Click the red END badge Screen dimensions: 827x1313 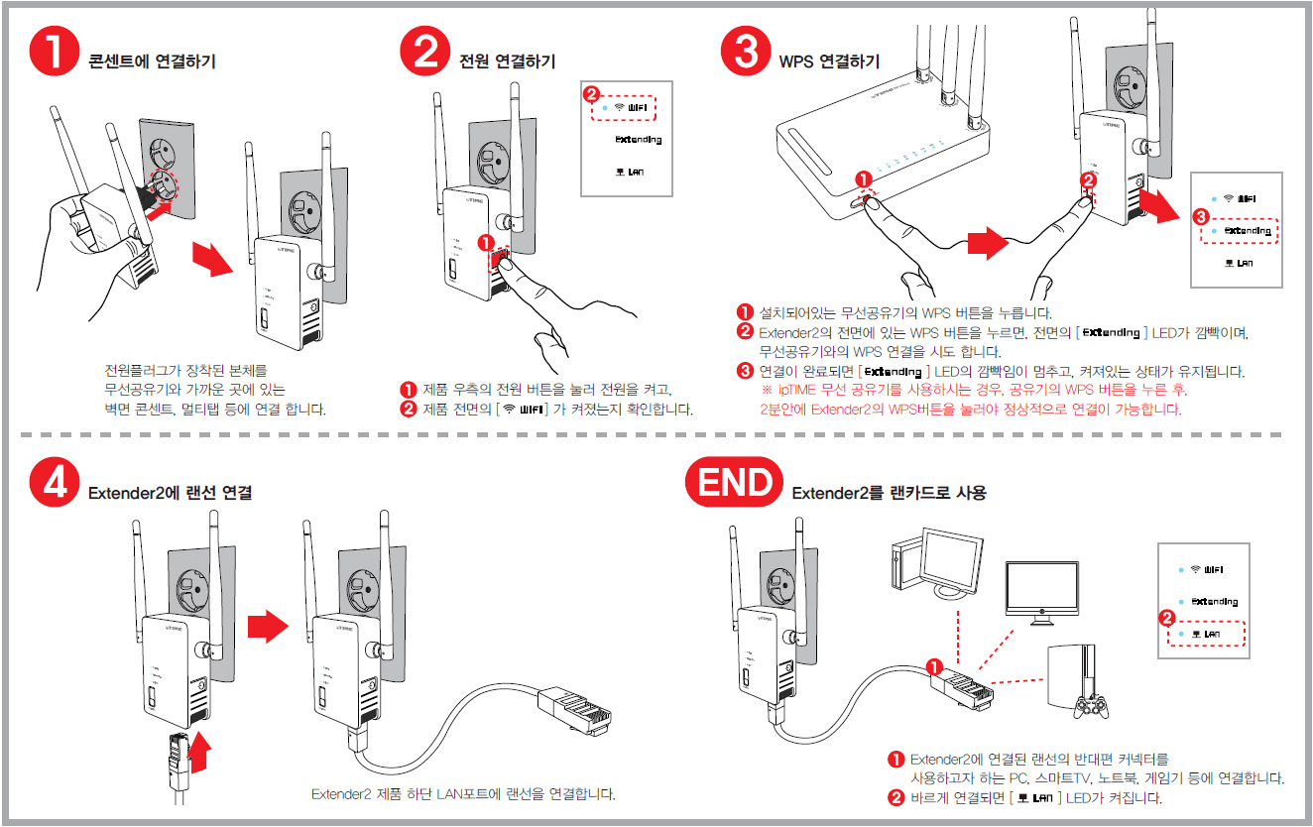click(733, 483)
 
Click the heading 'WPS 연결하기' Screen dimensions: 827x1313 click(829, 61)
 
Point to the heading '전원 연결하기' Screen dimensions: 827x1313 click(507, 61)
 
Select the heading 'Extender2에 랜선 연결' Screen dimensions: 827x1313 click(170, 493)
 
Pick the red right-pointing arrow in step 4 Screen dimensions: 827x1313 click(266, 626)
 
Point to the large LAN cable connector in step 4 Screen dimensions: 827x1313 click(573, 709)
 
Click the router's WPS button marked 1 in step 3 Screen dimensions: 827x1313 click(868, 199)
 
